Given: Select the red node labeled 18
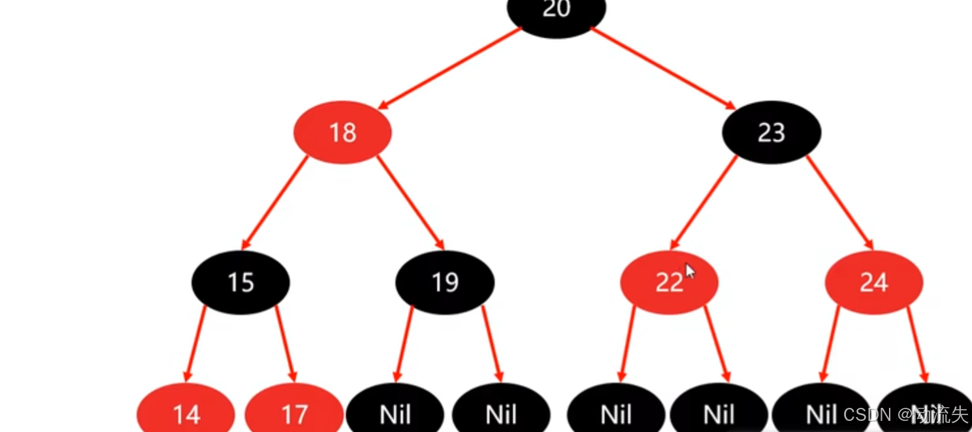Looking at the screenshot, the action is [342, 132].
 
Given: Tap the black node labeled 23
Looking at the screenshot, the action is [771, 132].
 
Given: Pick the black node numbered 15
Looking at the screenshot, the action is [240, 283].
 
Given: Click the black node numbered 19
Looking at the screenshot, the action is [445, 283].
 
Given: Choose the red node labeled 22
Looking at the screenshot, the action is [669, 283].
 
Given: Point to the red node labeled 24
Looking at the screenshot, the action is [874, 283].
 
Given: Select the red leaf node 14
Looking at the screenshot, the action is [186, 413].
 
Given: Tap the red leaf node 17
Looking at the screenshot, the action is [294, 413].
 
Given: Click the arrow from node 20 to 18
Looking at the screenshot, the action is [451, 68].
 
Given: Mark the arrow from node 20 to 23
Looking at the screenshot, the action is [663, 68].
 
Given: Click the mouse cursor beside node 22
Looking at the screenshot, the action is [690, 271].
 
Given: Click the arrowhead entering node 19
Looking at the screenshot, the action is [441, 246].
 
